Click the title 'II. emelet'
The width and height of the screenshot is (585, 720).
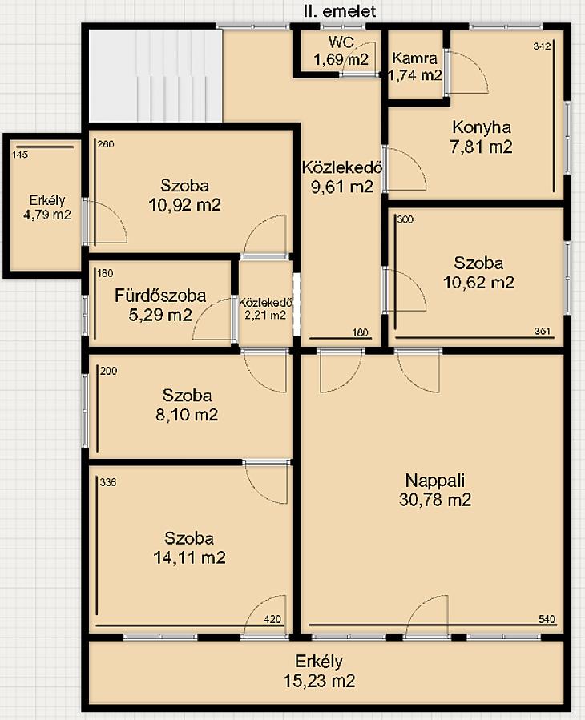(339, 11)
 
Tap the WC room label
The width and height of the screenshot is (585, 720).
(341, 42)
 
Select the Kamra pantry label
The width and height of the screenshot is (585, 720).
(414, 58)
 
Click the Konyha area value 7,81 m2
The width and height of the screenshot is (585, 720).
(481, 147)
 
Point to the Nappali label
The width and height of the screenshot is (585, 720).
(434, 481)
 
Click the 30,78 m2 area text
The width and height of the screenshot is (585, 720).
(434, 500)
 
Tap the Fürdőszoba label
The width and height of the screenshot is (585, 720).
(160, 296)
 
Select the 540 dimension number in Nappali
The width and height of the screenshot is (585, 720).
(547, 619)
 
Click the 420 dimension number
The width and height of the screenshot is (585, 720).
(272, 619)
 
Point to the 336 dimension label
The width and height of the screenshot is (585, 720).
(107, 482)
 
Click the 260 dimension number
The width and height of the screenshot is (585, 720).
(106, 144)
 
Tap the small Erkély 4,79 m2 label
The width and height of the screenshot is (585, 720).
(46, 207)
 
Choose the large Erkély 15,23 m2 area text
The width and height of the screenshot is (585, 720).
(319, 681)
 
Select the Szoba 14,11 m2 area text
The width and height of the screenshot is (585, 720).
(189, 557)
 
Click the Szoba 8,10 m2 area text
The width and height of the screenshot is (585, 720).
(187, 415)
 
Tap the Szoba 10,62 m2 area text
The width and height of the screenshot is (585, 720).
(478, 282)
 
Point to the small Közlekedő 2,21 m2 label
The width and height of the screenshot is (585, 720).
(265, 308)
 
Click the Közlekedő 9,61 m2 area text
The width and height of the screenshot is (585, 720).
(342, 187)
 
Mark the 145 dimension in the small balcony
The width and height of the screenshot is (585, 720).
(20, 155)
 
